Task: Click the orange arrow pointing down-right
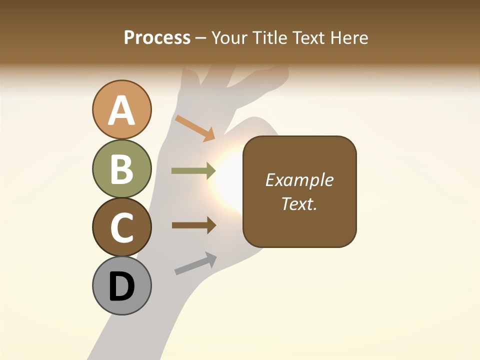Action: [195, 128]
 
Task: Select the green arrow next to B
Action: [193, 171]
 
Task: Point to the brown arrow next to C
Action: [194, 225]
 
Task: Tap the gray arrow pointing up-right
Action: [195, 263]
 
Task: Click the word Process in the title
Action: [157, 38]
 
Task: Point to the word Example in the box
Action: [299, 180]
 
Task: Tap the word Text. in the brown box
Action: [299, 204]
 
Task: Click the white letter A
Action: [122, 111]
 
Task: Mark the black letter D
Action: [122, 287]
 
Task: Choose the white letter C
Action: [122, 227]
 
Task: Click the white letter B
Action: [122, 169]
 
